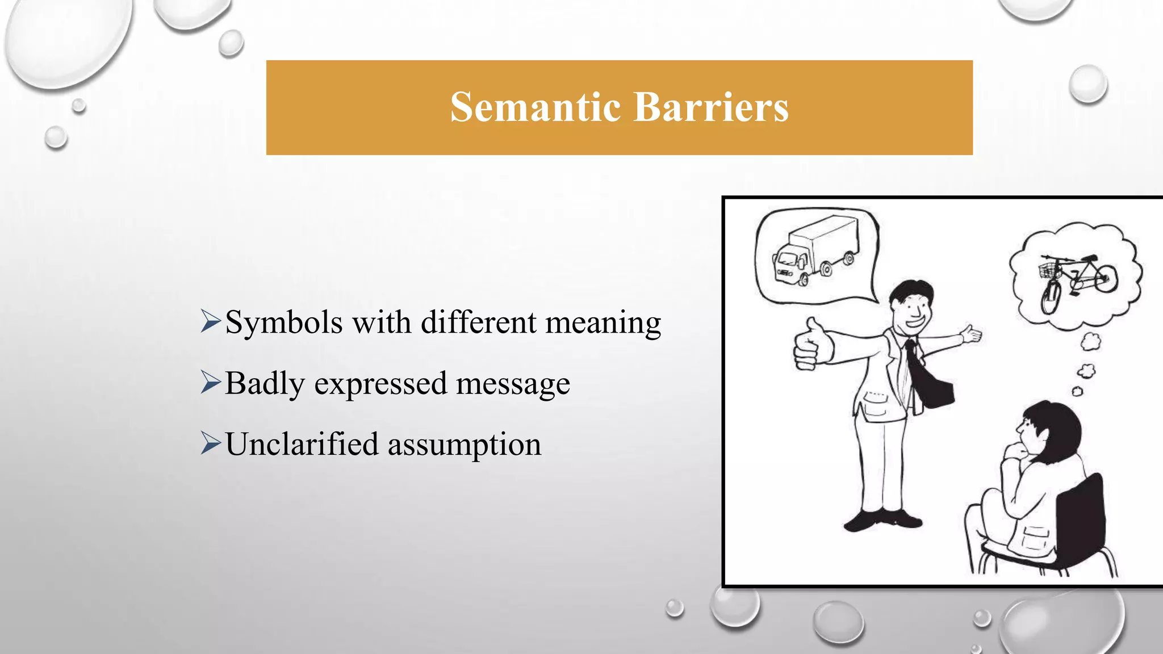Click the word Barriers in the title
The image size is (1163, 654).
(711, 107)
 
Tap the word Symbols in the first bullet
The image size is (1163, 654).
(284, 323)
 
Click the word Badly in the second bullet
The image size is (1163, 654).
(265, 384)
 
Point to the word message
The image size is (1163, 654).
(513, 384)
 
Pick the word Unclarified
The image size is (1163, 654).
(302, 444)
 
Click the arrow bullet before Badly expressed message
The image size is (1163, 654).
(210, 383)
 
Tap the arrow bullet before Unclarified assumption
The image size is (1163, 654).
(210, 443)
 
